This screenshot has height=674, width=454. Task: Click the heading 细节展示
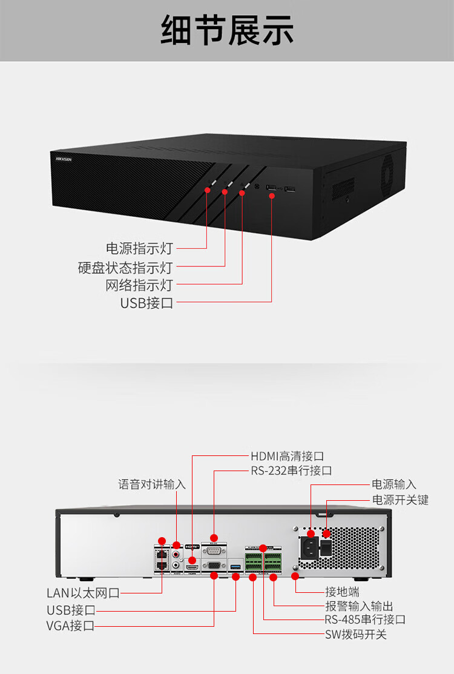(x=227, y=30)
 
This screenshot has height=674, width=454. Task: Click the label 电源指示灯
(x=139, y=248)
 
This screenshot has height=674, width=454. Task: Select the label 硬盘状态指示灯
(x=125, y=267)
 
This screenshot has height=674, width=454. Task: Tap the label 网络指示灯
(x=139, y=285)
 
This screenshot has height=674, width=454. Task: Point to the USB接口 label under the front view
(x=146, y=303)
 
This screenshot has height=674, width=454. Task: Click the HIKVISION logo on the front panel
(x=64, y=159)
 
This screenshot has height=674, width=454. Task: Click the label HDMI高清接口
(x=288, y=456)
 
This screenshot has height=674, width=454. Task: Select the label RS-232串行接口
(x=291, y=471)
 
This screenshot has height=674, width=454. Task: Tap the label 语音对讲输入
(x=151, y=484)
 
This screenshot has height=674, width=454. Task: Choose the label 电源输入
(x=393, y=484)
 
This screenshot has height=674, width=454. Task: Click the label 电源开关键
(x=400, y=500)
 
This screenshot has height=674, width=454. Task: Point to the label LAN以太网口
(x=83, y=593)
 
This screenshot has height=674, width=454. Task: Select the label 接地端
(x=342, y=592)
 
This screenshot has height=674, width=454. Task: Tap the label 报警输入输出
(x=359, y=606)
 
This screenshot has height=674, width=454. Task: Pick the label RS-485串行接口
(x=364, y=619)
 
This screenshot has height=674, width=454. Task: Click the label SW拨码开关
(x=355, y=634)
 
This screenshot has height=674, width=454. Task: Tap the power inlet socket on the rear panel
(x=309, y=548)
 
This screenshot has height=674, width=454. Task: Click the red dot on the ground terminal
(x=295, y=575)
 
